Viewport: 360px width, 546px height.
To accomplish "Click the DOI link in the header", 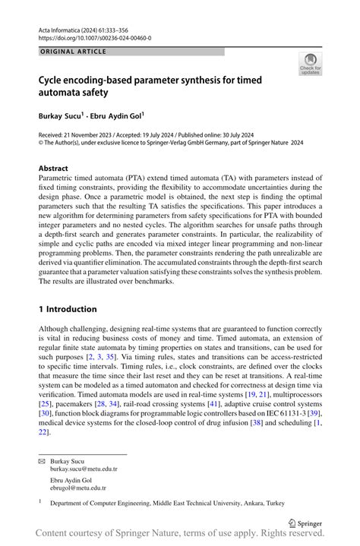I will [x=95, y=37].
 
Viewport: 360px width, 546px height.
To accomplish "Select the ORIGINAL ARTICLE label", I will [x=73, y=52].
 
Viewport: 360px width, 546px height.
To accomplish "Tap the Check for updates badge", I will [x=310, y=64].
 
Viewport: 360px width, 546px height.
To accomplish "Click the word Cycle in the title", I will [x=54, y=78].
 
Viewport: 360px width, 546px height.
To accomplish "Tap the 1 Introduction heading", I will [x=68, y=309].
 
